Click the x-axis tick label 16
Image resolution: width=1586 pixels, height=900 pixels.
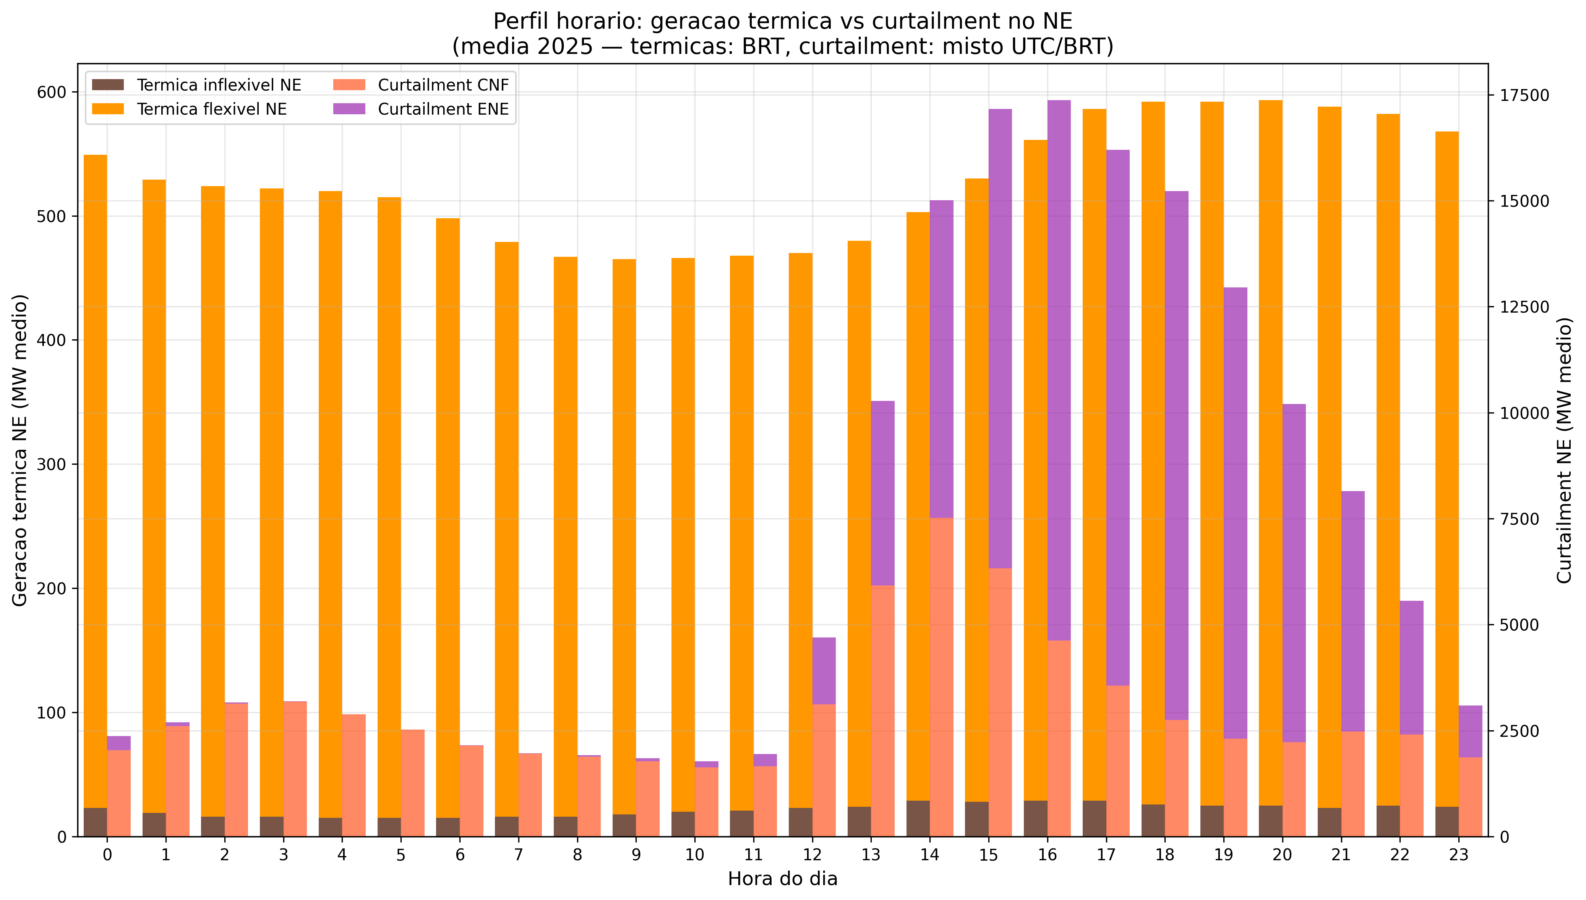pos(1047,855)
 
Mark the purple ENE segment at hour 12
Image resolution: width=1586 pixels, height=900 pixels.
pos(824,671)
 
